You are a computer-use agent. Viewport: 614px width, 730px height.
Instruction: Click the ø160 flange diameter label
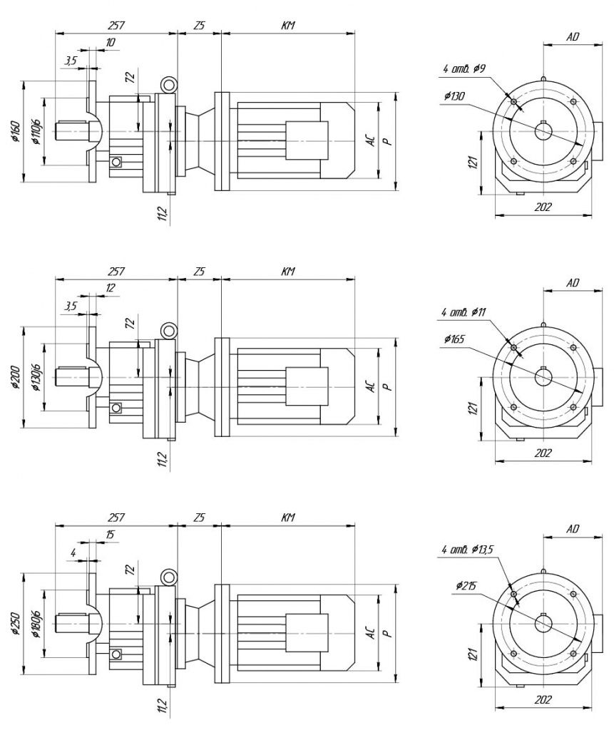coord(16,132)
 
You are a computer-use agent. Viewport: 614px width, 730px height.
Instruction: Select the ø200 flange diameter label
coord(16,378)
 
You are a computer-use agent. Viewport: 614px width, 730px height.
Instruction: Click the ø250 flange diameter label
coord(16,624)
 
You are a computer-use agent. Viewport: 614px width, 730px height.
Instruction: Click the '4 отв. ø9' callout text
coord(464,69)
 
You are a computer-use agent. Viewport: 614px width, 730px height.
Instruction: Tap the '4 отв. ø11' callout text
coord(464,312)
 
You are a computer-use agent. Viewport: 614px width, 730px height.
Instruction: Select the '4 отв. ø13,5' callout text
coord(467,550)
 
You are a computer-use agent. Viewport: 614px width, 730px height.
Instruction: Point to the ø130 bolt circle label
coord(454,96)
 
